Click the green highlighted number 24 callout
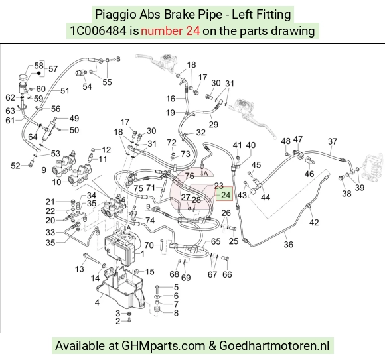click(x=226, y=195)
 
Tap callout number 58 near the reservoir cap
click(x=38, y=66)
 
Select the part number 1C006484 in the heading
click(x=98, y=31)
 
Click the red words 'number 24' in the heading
click(x=171, y=31)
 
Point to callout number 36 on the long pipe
click(x=289, y=244)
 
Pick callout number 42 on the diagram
click(x=314, y=222)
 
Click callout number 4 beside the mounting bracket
click(x=97, y=302)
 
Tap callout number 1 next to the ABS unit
click(x=143, y=253)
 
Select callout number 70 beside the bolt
click(x=149, y=245)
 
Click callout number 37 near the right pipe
click(x=333, y=141)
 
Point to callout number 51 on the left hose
click(x=65, y=91)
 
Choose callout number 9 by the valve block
click(x=44, y=170)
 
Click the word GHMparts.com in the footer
click(x=163, y=346)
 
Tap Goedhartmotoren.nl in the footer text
click(x=274, y=346)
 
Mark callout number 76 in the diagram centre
click(x=190, y=176)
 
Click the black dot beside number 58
click(x=38, y=73)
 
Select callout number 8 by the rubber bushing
click(x=176, y=313)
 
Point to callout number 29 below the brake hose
click(x=213, y=125)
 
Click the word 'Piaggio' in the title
click(x=116, y=15)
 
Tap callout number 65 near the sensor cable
click(x=216, y=241)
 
